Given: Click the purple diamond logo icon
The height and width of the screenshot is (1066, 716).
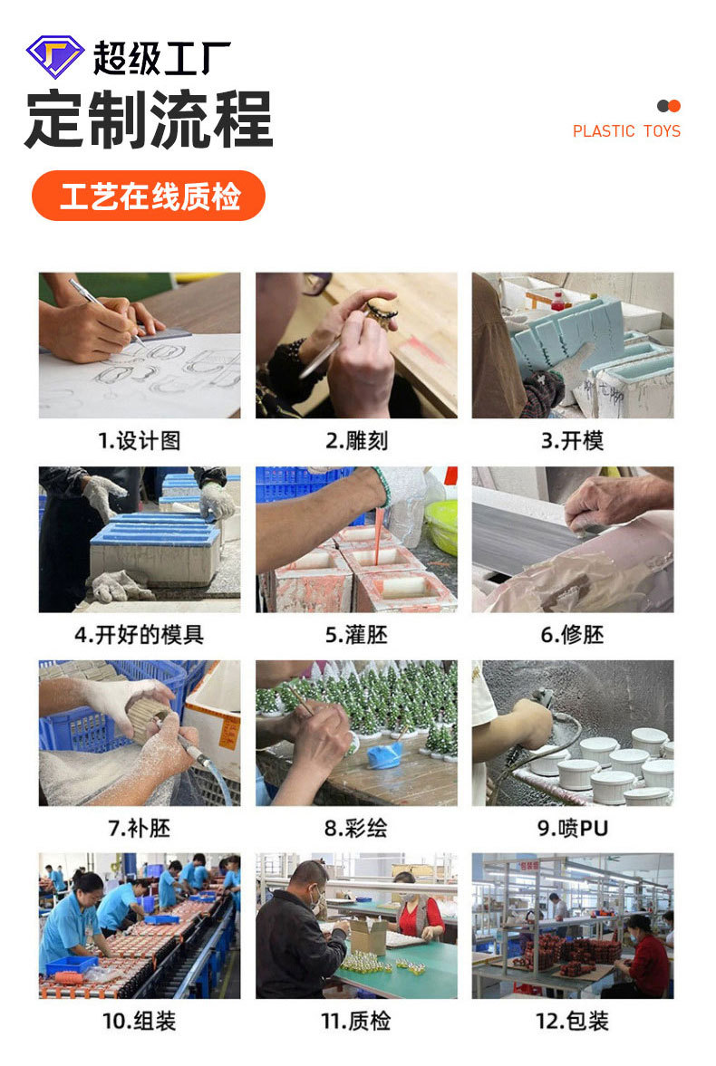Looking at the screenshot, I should [54, 56].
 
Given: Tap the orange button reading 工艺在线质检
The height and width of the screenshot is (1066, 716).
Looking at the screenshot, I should [149, 196].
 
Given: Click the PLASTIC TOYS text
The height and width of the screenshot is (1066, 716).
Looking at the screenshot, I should [626, 131].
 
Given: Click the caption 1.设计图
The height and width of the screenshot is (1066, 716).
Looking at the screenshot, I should [139, 441].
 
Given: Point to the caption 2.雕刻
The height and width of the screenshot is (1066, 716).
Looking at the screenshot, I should [356, 441].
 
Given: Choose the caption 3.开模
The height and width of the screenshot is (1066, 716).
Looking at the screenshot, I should [572, 441].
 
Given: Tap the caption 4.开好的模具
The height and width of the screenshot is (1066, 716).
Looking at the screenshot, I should [139, 635].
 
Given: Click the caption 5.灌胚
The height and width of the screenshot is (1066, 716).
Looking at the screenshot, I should [356, 635].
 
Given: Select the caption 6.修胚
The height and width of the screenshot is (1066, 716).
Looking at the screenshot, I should [572, 635].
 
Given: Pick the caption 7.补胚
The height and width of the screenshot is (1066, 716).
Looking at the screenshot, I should [139, 828].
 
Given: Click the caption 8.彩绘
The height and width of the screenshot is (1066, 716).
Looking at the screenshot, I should [356, 828].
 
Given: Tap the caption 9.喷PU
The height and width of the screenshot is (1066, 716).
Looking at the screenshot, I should [572, 828].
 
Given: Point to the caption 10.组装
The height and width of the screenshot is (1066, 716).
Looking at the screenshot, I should [139, 1021].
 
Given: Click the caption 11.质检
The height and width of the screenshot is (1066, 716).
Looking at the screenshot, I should [356, 1021].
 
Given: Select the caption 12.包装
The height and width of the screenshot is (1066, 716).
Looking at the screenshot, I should [572, 1021].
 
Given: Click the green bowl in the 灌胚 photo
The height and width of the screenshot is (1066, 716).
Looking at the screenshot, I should [442, 525].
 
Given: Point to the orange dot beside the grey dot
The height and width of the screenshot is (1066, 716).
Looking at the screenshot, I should [673, 106].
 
